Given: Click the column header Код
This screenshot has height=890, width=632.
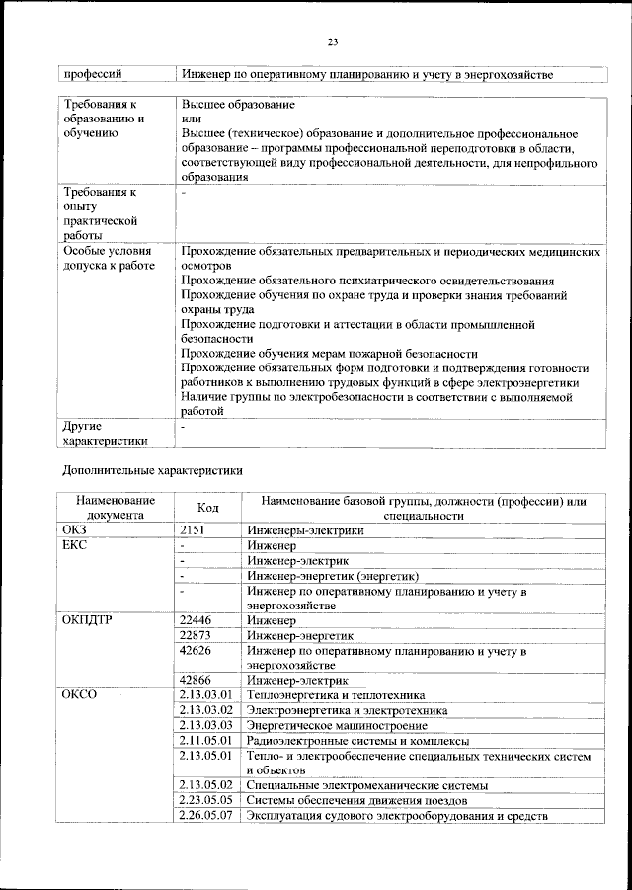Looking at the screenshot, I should [x=207, y=508].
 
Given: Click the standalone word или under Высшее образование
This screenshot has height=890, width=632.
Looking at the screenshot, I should [x=191, y=119].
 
